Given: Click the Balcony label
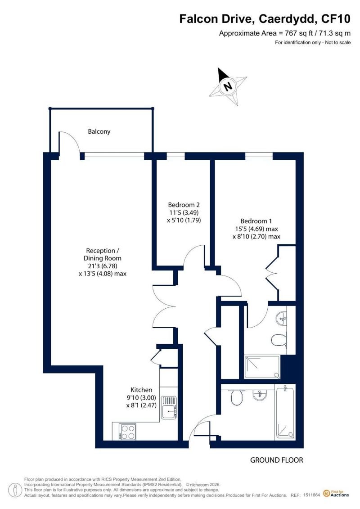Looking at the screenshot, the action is (x=99, y=131).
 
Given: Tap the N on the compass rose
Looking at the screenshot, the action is (x=228, y=86).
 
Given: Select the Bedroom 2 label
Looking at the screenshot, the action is (x=184, y=205).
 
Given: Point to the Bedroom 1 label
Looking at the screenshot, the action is (x=256, y=221).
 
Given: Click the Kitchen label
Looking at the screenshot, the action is (x=141, y=390).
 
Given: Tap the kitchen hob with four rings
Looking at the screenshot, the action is (x=127, y=432).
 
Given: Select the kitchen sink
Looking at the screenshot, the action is (x=168, y=407).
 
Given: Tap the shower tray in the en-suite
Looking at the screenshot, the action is (x=261, y=367).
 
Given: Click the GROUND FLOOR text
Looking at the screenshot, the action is (x=277, y=460).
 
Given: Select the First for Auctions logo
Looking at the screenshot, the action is (x=336, y=494).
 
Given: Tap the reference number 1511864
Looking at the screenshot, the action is (x=312, y=495).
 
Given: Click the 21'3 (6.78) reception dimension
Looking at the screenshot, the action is (x=102, y=266).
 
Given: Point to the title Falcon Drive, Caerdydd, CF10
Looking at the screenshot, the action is (x=265, y=19).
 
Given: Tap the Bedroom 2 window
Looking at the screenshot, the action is (x=175, y=156).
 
